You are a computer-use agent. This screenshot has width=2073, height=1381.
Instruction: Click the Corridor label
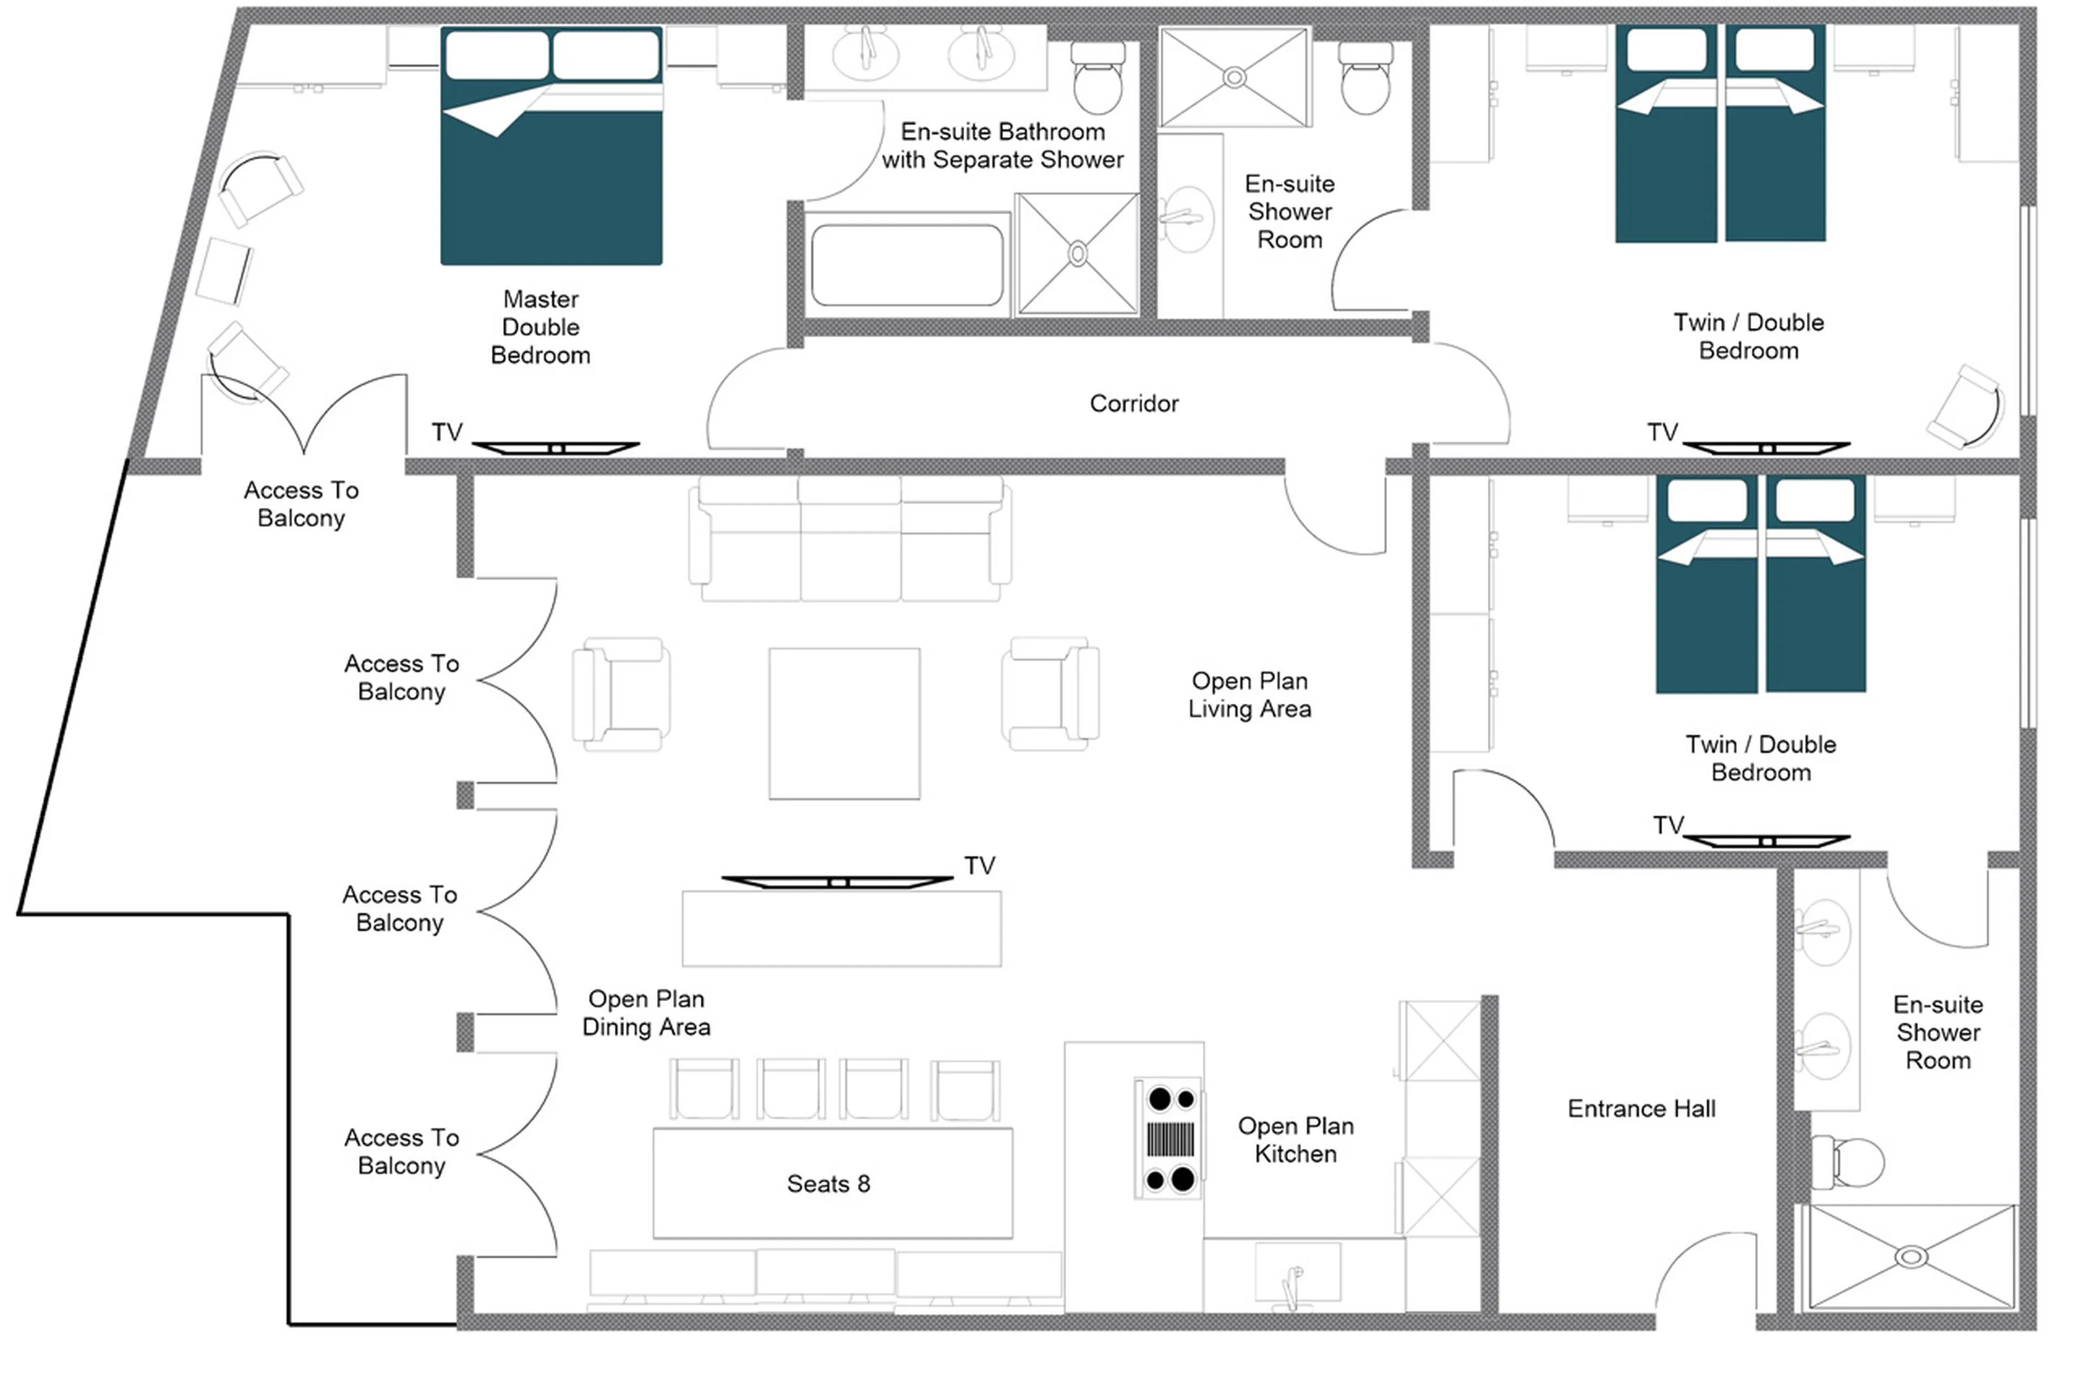pyautogui.click(x=1133, y=403)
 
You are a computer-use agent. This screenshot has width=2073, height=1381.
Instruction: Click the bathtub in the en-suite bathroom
pyautogui.click(x=906, y=264)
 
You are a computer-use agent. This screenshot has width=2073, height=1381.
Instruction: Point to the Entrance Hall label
pyautogui.click(x=1641, y=1109)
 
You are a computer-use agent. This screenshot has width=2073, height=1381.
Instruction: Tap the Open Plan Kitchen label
pyautogui.click(x=1295, y=1140)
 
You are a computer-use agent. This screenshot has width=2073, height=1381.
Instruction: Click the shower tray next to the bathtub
pyautogui.click(x=1076, y=254)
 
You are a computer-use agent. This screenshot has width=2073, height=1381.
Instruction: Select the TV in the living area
pyautogui.click(x=837, y=882)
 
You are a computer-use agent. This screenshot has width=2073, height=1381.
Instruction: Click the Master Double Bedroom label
pyautogui.click(x=540, y=326)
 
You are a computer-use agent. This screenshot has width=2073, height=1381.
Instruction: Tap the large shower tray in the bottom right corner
pyautogui.click(x=1910, y=1257)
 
